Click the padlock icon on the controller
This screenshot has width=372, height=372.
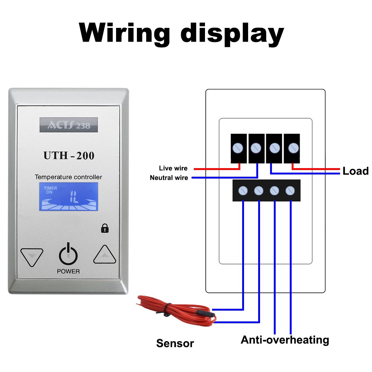[105, 228]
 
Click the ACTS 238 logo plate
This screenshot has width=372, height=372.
[68, 125]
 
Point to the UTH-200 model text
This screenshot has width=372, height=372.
[69, 155]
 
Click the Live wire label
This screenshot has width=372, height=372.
[173, 169]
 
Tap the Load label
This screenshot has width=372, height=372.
[355, 171]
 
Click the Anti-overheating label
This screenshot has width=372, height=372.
[285, 340]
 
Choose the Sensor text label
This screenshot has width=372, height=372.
[175, 343]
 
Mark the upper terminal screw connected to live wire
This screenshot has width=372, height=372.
[238, 148]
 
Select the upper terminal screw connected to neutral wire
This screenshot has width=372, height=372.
[256, 148]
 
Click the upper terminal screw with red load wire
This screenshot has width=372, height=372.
[292, 148]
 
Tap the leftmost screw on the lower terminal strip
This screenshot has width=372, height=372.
[243, 191]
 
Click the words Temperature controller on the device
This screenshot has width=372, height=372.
[68, 177]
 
